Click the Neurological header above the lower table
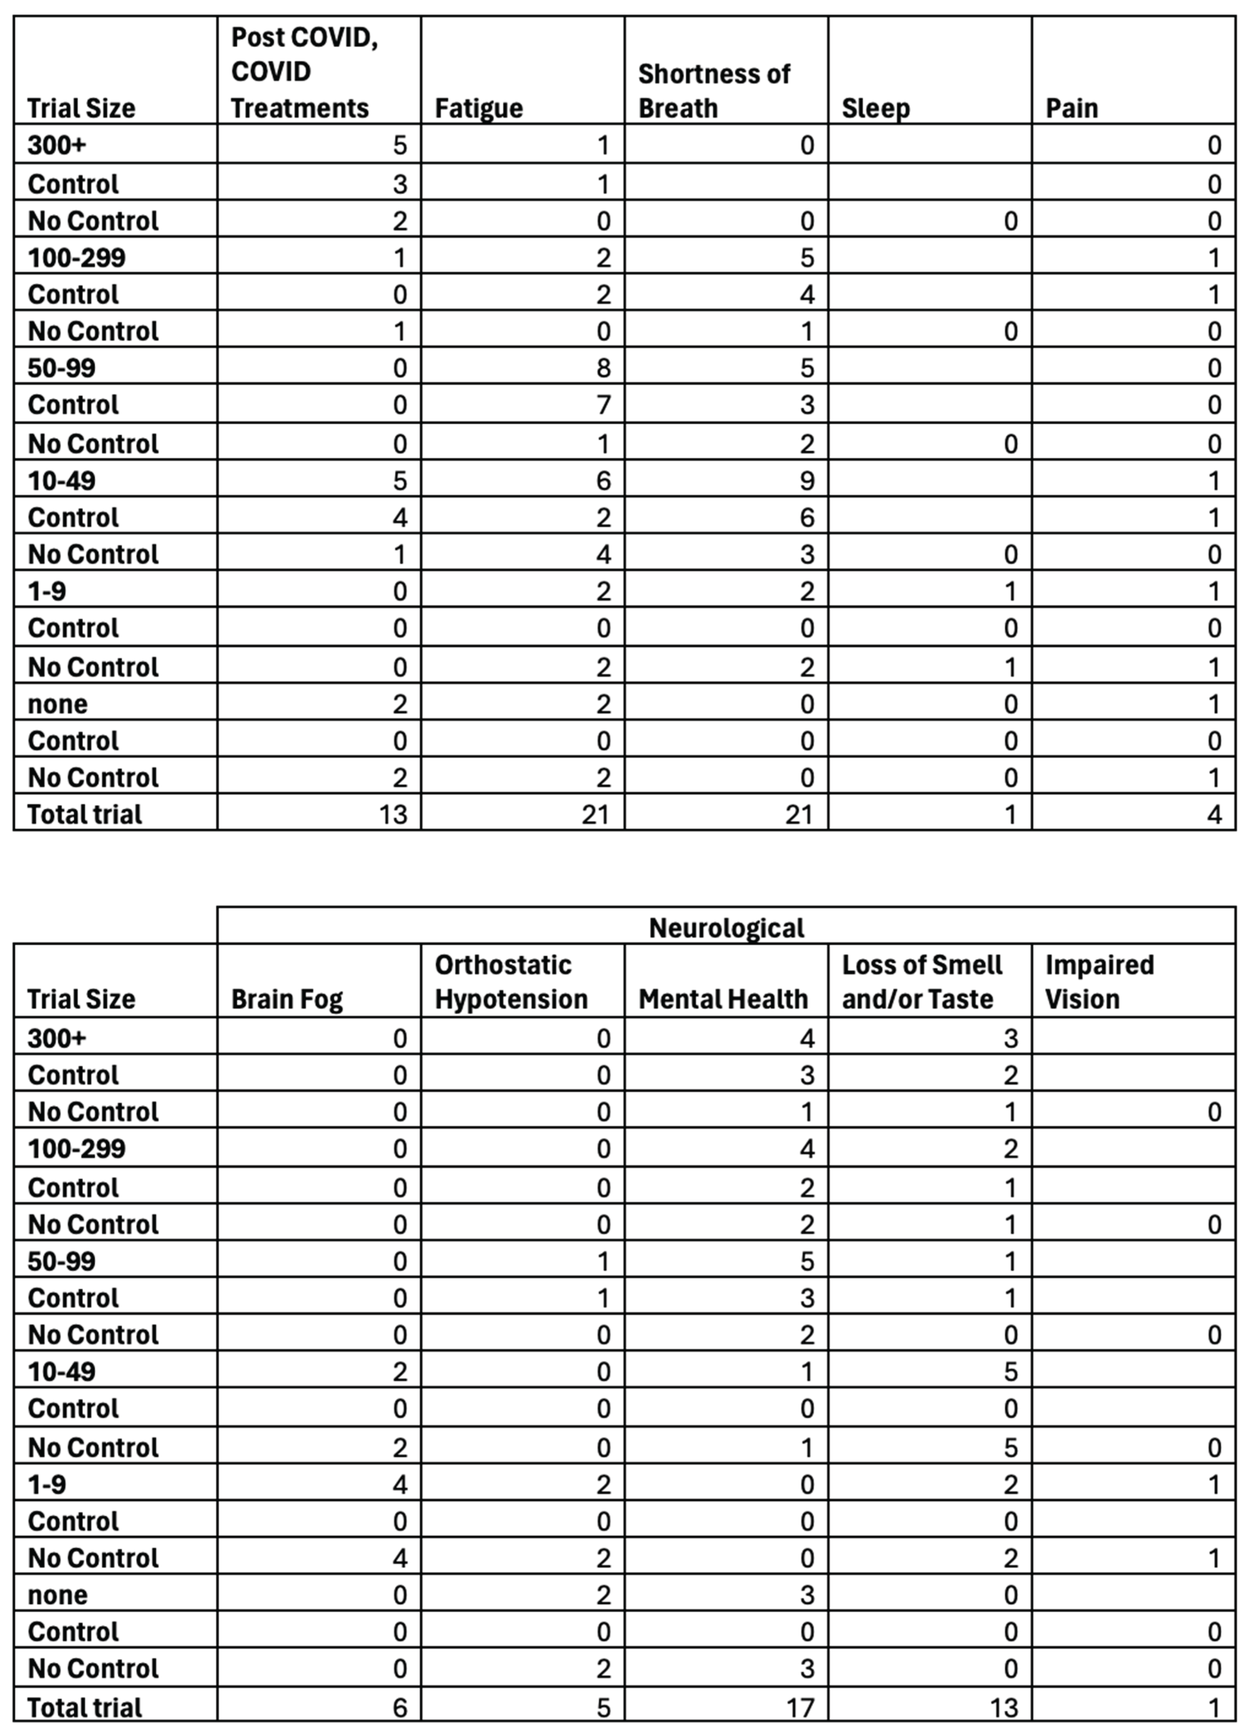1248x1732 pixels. [726, 928]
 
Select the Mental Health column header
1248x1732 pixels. [722, 999]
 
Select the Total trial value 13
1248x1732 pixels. [393, 814]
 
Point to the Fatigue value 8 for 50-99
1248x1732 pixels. [603, 368]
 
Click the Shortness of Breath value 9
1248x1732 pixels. [807, 480]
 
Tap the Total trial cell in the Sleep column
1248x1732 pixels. [1010, 814]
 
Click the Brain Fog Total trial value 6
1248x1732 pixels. [399, 1708]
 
